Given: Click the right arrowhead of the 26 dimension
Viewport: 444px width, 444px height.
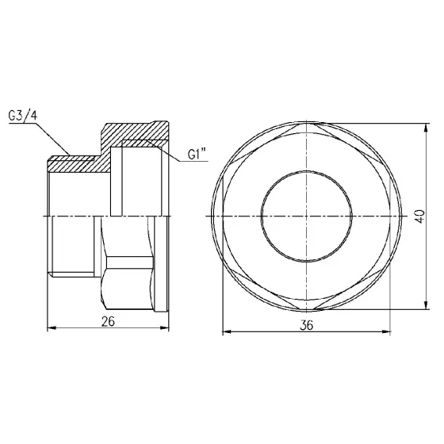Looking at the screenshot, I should (170, 327).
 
